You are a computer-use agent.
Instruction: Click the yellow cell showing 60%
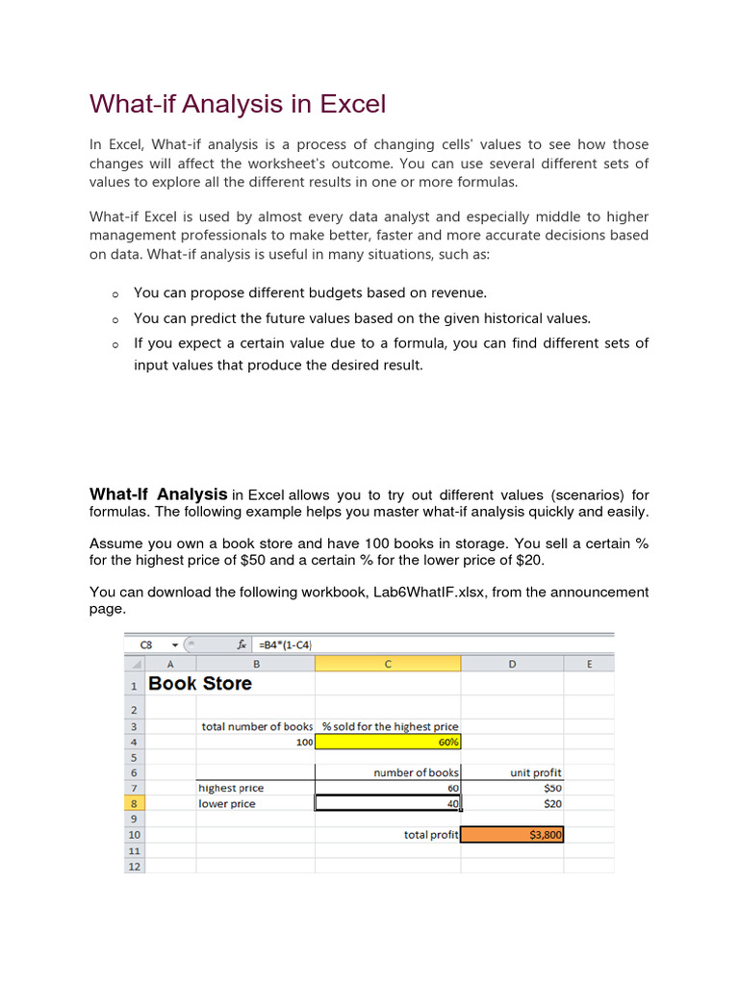pos(388,742)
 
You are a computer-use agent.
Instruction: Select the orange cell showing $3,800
pos(512,835)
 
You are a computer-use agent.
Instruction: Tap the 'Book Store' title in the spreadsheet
pos(200,684)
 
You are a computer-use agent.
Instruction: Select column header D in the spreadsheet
pos(512,663)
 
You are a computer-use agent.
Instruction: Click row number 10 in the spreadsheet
pos(135,835)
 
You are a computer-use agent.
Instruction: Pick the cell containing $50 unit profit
pos(512,788)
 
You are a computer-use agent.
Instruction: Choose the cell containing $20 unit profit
pos(512,803)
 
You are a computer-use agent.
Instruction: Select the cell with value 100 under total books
pos(256,742)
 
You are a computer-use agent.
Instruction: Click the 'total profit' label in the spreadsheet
pos(431,835)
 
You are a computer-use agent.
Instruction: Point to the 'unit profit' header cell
pos(536,772)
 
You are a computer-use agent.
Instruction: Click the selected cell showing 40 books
pos(388,803)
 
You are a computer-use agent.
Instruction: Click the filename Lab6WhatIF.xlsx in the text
pos(429,592)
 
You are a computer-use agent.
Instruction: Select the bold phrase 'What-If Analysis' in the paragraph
pos(159,493)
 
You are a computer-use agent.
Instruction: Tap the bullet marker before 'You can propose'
pos(114,294)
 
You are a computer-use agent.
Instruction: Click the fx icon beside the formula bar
pos(242,644)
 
